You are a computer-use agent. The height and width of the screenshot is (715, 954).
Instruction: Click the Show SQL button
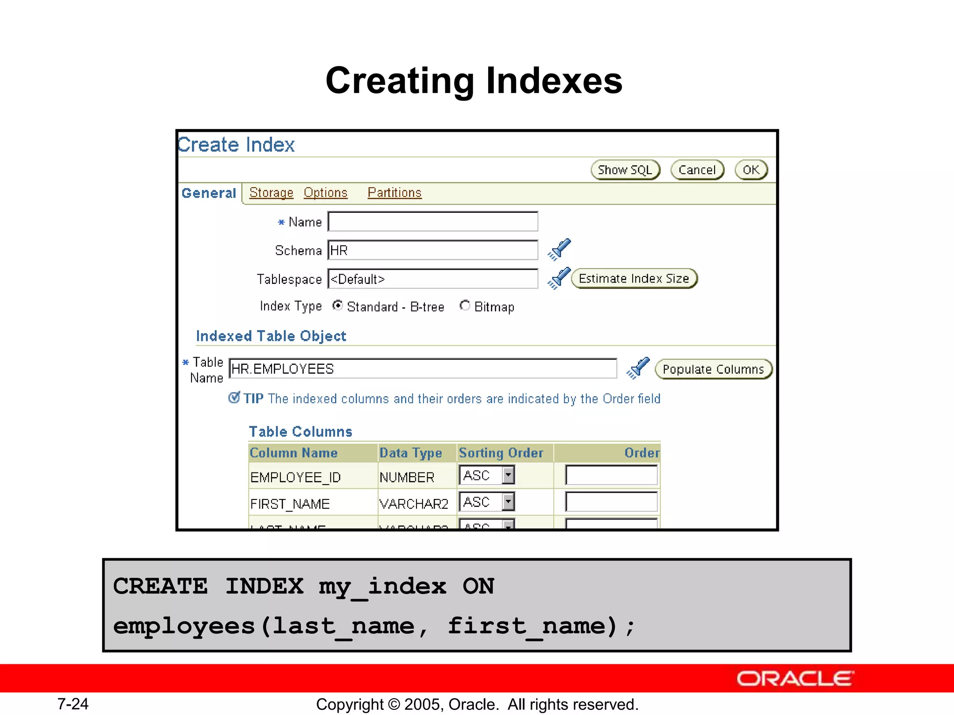(x=625, y=170)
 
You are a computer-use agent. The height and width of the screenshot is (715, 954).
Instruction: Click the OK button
(x=750, y=170)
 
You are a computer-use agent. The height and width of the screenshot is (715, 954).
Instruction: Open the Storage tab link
(x=271, y=193)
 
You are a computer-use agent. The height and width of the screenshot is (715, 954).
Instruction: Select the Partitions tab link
(x=394, y=193)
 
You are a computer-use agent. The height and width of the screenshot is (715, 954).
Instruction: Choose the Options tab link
(x=326, y=193)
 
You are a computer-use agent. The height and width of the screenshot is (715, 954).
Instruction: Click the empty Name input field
(x=433, y=222)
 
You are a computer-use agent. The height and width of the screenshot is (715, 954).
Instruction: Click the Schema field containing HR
(x=433, y=250)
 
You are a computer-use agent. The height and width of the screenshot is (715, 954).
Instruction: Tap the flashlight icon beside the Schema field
(x=559, y=250)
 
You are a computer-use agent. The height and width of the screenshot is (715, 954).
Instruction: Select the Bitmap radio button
(x=464, y=306)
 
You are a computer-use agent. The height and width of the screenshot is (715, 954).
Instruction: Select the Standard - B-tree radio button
(x=338, y=306)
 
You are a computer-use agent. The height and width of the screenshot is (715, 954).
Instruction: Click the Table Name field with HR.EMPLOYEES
(x=423, y=369)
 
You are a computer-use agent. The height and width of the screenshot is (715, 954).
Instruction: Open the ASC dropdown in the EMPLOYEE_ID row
(x=508, y=475)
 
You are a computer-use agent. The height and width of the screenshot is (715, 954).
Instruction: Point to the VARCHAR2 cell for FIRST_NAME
(x=413, y=504)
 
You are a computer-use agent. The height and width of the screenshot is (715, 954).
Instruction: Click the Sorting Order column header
(x=501, y=453)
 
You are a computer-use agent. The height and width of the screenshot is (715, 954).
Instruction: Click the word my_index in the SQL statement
(x=382, y=586)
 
